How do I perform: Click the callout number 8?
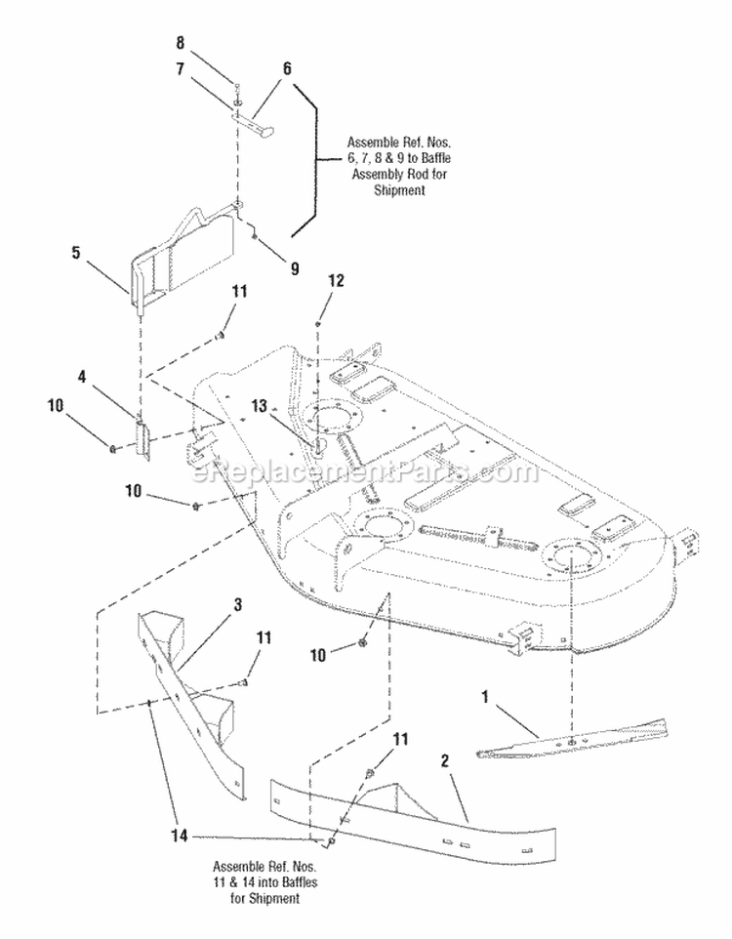pyautogui.click(x=181, y=44)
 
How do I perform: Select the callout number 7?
pyautogui.click(x=181, y=69)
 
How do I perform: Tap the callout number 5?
pyautogui.click(x=75, y=253)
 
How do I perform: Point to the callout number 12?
pyautogui.click(x=337, y=280)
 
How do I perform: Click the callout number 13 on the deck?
pyautogui.click(x=259, y=407)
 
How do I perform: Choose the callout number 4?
pyautogui.click(x=82, y=377)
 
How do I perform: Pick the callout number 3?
pyautogui.click(x=238, y=605)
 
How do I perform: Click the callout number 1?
pyautogui.click(x=485, y=697)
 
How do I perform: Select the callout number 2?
pyautogui.click(x=444, y=761)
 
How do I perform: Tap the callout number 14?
pyautogui.click(x=180, y=836)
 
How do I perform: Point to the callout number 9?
pyautogui.click(x=295, y=268)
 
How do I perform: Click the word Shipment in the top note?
pyautogui.click(x=399, y=190)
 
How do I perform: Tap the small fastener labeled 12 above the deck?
pyautogui.click(x=317, y=323)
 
